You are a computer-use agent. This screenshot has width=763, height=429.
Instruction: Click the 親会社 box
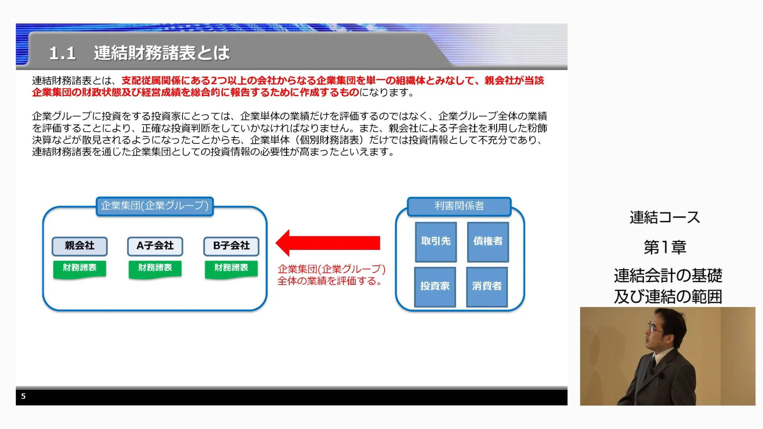coord(79,246)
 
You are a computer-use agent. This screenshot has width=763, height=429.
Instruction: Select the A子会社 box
coord(155,246)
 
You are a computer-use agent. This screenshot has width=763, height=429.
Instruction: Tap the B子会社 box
coord(231,246)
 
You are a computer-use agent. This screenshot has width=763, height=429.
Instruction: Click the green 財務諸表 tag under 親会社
coord(79,269)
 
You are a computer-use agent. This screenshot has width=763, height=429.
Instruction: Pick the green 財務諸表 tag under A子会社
coord(155,269)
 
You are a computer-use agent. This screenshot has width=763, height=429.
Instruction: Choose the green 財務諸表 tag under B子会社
coord(231,269)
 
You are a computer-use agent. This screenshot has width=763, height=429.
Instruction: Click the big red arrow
coord(328,243)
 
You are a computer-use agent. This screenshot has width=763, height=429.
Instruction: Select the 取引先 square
coord(436,242)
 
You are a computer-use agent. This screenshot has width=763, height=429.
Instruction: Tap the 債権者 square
coord(488,242)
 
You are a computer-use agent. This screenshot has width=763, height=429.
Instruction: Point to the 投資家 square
coord(435,287)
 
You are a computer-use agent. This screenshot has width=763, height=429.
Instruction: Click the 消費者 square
coord(487,287)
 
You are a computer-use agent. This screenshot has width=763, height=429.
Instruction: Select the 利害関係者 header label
coord(459,206)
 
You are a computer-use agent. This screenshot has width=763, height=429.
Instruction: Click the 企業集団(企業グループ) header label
coord(155,206)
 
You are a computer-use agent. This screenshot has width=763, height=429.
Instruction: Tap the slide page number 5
coord(23,396)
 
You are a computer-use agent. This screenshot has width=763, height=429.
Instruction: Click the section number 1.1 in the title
coord(62,53)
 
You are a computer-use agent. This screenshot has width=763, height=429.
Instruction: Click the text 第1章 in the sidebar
coord(665,247)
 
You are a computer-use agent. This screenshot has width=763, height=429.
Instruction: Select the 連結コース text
coord(665,217)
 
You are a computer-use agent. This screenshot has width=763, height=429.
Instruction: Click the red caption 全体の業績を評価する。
coord(331,281)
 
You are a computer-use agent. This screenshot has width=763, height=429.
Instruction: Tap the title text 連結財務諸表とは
coord(162,53)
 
